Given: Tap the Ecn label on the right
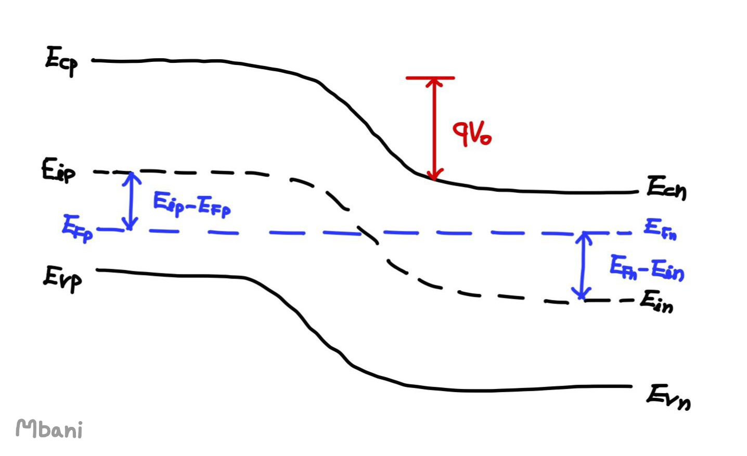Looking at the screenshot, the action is pos(666,188).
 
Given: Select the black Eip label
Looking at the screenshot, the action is pos(58,171).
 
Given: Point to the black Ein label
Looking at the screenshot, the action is pos(656,302).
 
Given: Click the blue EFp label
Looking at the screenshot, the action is pos(77,228).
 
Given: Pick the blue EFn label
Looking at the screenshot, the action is pos(660,228).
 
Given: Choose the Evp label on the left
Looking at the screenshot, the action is pos(62,279).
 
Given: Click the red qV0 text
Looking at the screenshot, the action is pos(471,134).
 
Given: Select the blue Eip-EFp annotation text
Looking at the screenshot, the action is pos(191,204).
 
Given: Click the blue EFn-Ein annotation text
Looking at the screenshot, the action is pos(647,268).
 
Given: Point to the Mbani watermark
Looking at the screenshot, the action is pos(49,429).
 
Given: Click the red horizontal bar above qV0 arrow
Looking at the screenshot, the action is pos(430,78).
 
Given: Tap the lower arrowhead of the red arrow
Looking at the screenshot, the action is pos(435,175).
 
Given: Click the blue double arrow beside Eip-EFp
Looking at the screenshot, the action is pos(131,201).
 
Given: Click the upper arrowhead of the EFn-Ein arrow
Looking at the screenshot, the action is pos(584,237).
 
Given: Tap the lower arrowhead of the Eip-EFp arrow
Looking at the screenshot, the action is pos(131,226).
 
